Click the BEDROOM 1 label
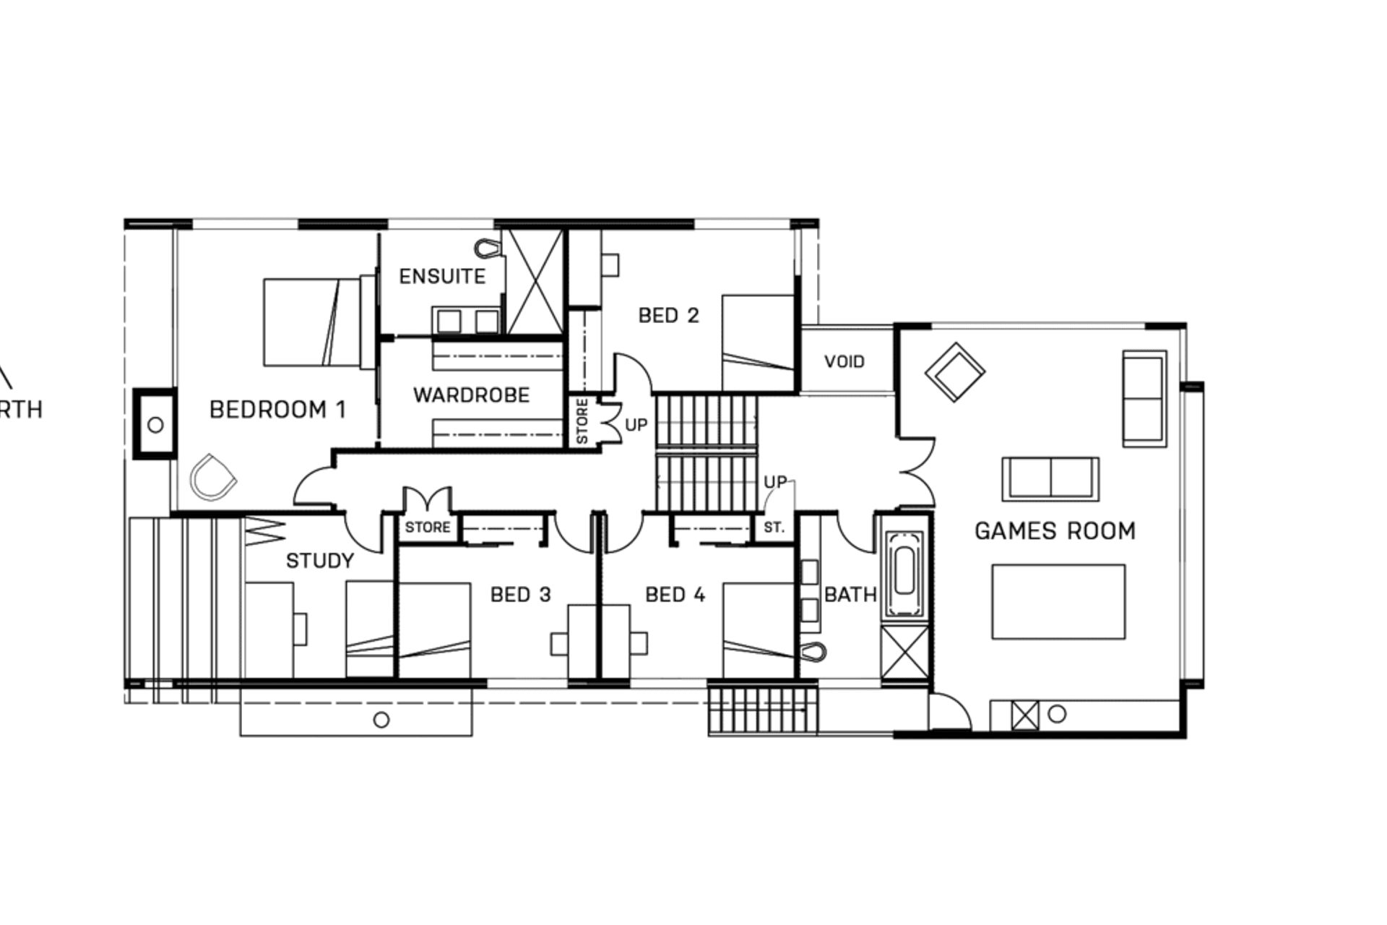277,410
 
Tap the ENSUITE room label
442,276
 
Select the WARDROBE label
471,395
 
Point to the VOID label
844,361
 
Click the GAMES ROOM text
1055,531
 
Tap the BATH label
850,595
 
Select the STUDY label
319,561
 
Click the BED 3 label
520,595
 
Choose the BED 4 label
675,595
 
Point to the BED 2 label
668,316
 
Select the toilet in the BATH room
813,652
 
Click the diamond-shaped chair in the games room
955,372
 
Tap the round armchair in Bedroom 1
212,478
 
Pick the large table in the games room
1058,602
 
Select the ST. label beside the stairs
774,528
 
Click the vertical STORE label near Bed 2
582,421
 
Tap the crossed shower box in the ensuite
533,282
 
